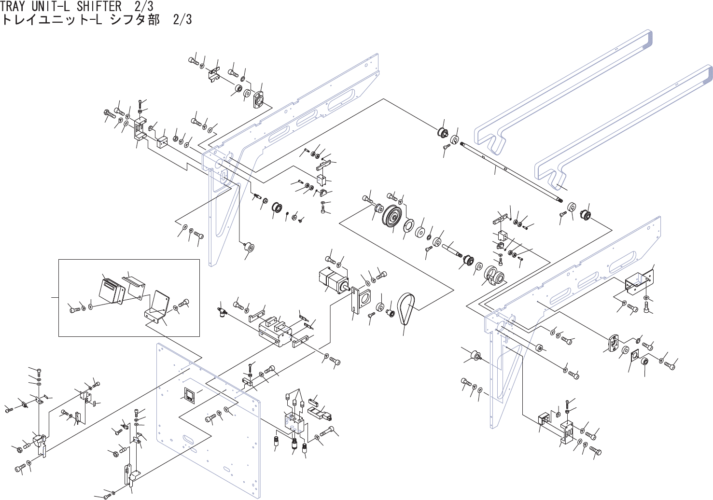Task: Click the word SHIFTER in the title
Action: point(99,6)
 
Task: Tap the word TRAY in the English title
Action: point(14,6)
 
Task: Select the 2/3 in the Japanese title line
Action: point(182,19)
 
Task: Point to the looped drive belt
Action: point(405,309)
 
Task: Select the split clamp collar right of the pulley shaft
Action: point(495,275)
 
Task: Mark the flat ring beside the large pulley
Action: point(409,228)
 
